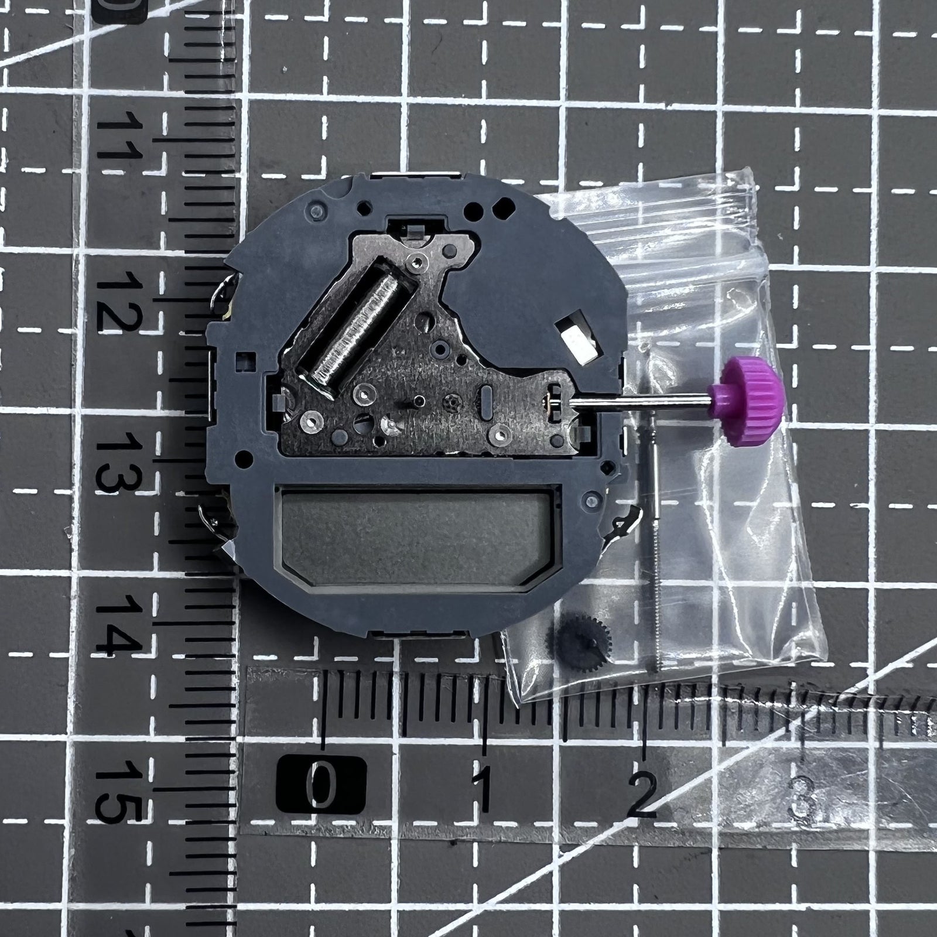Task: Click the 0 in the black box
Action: (322, 783)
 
